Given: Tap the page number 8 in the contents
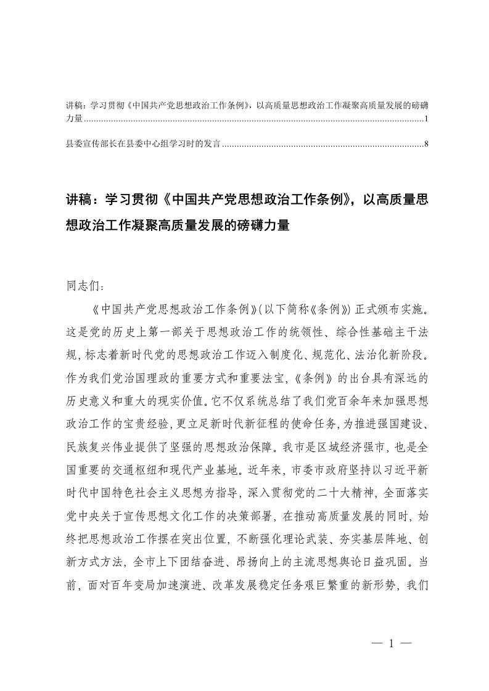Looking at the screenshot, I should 426,144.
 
